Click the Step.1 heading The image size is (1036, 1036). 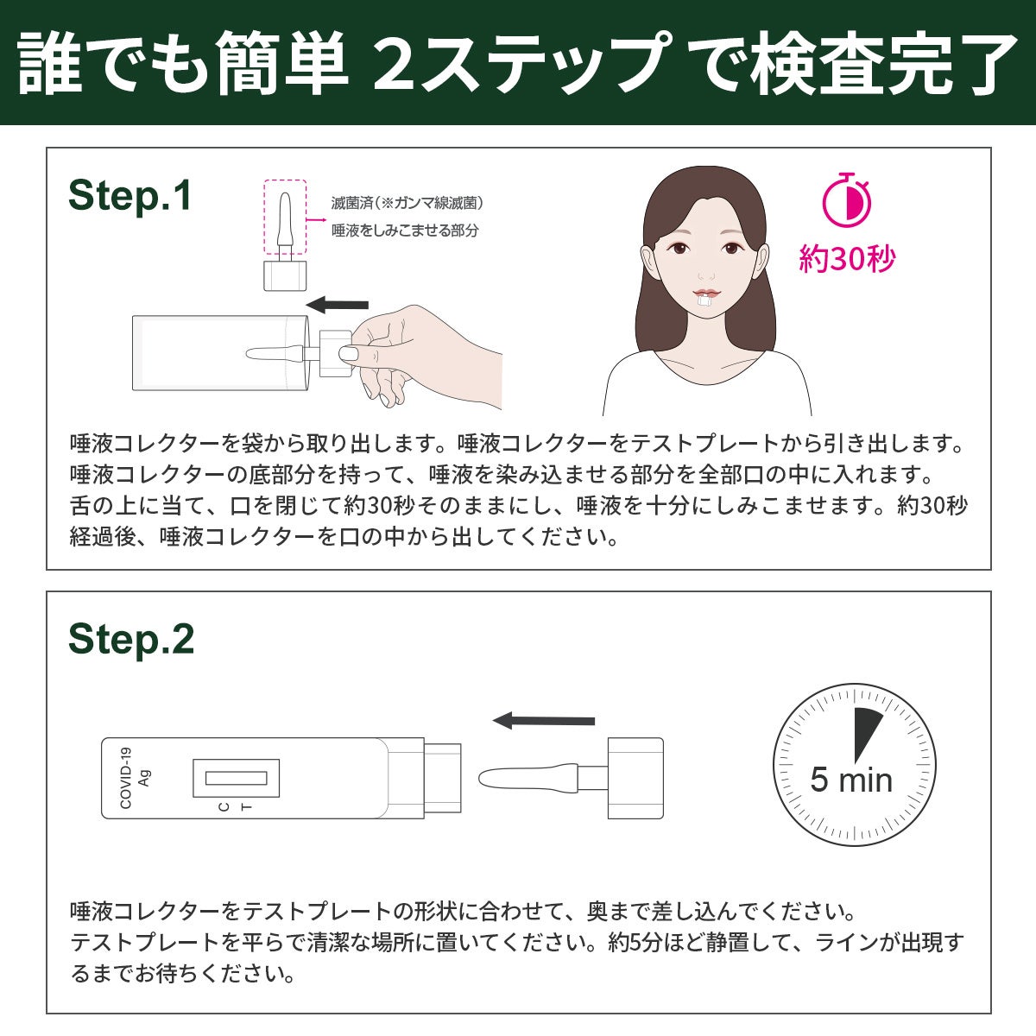pyautogui.click(x=129, y=195)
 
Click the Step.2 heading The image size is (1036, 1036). pyautogui.click(x=130, y=639)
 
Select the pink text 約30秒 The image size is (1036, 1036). pyautogui.click(x=847, y=259)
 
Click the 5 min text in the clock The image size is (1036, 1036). pyautogui.click(x=851, y=780)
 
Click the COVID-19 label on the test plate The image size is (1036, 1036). pyautogui.click(x=125, y=778)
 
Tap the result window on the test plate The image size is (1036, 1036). pyautogui.click(x=236, y=778)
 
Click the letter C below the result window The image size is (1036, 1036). pyautogui.click(x=224, y=806)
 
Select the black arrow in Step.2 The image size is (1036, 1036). pyautogui.click(x=544, y=721)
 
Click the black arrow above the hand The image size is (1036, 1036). pyautogui.click(x=338, y=304)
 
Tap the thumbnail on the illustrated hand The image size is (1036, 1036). pyautogui.click(x=349, y=354)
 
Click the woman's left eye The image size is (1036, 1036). pyautogui.click(x=730, y=249)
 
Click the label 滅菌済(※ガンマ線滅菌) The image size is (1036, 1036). pyautogui.click(x=407, y=203)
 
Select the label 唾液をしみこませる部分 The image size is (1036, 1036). pyautogui.click(x=405, y=231)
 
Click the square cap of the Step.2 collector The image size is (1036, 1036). pyautogui.click(x=635, y=778)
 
